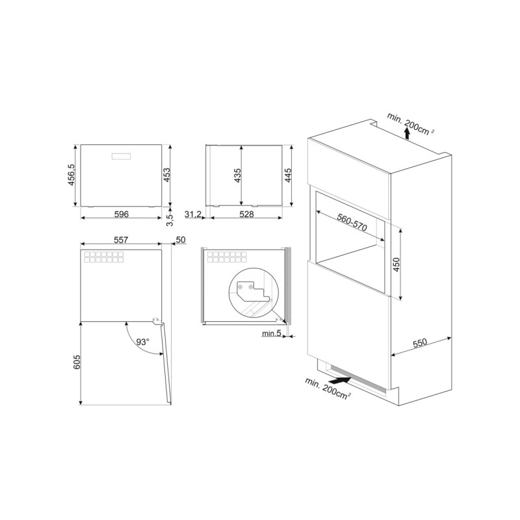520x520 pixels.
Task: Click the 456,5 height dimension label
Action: click(71, 175)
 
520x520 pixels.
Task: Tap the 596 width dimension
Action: click(122, 214)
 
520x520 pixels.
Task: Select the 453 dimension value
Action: click(167, 175)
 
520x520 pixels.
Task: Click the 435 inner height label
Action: click(237, 175)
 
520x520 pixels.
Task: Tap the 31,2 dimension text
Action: click(193, 214)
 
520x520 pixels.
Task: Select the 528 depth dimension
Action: click(246, 214)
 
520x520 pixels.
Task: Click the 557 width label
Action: click(121, 239)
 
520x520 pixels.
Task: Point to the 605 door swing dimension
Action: click(76, 362)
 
